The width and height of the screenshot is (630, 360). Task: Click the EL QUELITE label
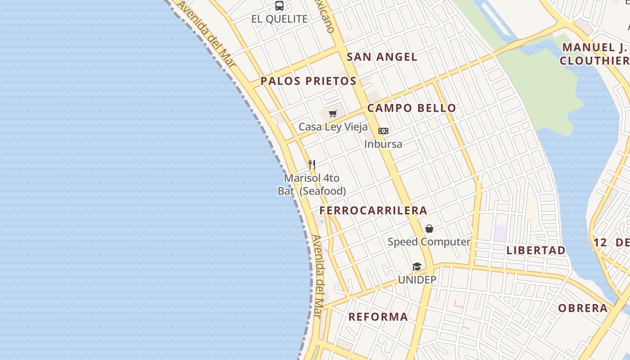click(x=279, y=19)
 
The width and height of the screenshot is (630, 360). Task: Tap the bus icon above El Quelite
click(x=279, y=6)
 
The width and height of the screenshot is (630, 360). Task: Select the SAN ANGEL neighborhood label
click(x=382, y=57)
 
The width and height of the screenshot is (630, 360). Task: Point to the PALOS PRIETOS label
click(x=309, y=81)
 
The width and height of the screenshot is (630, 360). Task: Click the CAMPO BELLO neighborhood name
click(x=412, y=108)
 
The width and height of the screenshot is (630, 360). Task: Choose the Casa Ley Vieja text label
click(x=333, y=127)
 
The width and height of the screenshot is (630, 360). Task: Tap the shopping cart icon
click(x=333, y=114)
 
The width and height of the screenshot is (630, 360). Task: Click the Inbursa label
click(x=383, y=144)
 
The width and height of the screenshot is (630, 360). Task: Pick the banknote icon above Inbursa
click(x=383, y=131)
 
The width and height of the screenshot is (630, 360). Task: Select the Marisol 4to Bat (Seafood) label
click(x=312, y=184)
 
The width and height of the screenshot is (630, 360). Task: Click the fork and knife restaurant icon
click(x=312, y=165)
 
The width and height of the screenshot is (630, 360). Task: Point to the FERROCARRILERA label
click(x=373, y=211)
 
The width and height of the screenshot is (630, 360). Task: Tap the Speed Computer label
click(x=429, y=242)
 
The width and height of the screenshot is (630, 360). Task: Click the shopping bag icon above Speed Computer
click(x=429, y=229)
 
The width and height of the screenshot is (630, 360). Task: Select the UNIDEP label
click(x=417, y=280)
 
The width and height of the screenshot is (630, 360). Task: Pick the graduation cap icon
click(x=417, y=267)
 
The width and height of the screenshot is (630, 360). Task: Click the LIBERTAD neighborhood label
click(x=536, y=251)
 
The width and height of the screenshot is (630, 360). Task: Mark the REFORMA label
click(x=378, y=317)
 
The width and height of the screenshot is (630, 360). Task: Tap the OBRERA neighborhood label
click(x=583, y=308)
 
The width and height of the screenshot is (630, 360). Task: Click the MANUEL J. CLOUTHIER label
click(x=594, y=54)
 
